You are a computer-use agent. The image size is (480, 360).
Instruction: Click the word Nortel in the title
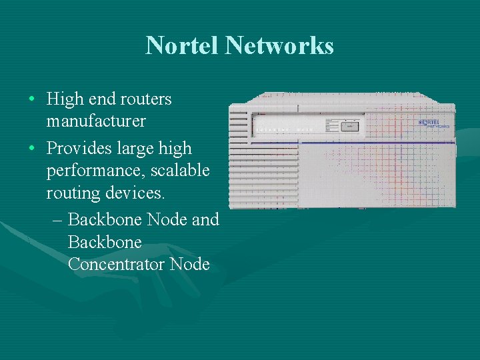click(183, 45)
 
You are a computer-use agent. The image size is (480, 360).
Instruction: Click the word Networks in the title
click(279, 45)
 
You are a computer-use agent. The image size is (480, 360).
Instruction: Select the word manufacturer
click(96, 121)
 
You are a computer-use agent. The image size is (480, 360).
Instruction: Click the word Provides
click(79, 148)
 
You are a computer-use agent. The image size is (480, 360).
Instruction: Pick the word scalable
click(180, 171)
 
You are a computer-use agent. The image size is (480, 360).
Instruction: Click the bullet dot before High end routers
click(32, 100)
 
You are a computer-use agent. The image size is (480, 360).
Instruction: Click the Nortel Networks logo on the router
click(433, 123)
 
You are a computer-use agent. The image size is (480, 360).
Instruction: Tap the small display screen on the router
click(350, 125)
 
